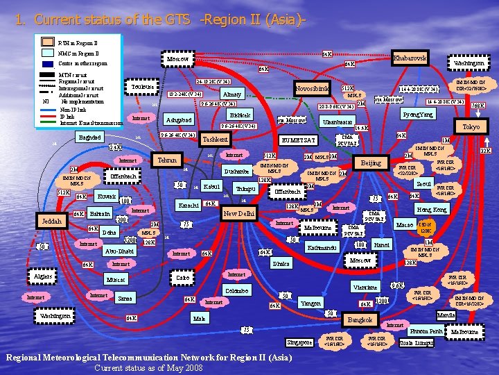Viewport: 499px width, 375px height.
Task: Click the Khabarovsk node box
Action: point(409,58)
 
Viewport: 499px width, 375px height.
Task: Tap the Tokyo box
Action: point(471,127)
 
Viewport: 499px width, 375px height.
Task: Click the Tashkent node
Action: point(214,140)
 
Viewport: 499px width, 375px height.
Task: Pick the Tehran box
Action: point(167,160)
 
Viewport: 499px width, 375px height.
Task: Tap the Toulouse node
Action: point(141,87)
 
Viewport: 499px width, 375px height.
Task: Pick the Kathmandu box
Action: point(322,247)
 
